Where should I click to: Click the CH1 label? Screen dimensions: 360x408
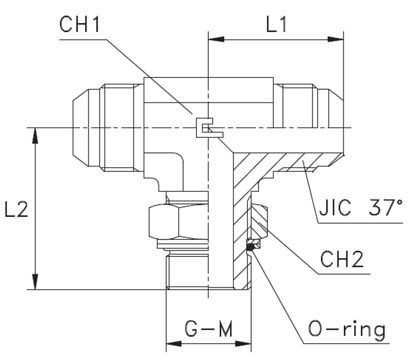click(80, 25)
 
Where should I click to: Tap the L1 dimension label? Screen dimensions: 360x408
click(277, 25)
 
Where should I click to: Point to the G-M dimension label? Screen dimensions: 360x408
click(208, 329)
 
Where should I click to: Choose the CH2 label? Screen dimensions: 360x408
click(342, 260)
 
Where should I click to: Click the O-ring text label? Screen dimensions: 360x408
click(347, 330)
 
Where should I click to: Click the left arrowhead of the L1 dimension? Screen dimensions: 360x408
click(216, 40)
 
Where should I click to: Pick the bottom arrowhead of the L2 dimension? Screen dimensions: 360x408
click(36, 282)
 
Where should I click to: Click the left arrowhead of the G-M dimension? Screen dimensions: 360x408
click(174, 344)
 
